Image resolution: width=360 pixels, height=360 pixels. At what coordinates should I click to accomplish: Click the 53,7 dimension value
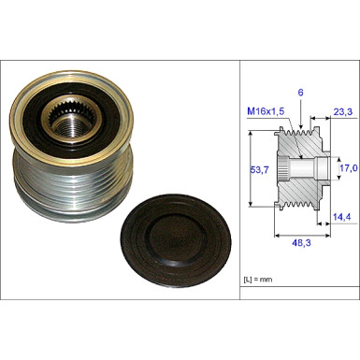[260, 170]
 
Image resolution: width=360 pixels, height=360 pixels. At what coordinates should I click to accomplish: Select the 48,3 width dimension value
[301, 243]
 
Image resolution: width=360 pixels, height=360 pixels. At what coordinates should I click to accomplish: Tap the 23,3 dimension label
[343, 111]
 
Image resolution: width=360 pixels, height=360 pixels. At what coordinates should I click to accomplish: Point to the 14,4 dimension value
[342, 217]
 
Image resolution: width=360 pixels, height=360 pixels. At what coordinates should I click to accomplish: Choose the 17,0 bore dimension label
[348, 168]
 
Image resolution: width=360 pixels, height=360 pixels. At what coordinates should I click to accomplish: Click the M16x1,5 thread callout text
[266, 111]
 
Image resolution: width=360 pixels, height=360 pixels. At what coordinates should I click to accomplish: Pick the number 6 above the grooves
[300, 93]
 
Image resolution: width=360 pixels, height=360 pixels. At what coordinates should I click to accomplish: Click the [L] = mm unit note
[258, 280]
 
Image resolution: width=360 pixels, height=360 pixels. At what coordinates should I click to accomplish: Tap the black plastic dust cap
[176, 240]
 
